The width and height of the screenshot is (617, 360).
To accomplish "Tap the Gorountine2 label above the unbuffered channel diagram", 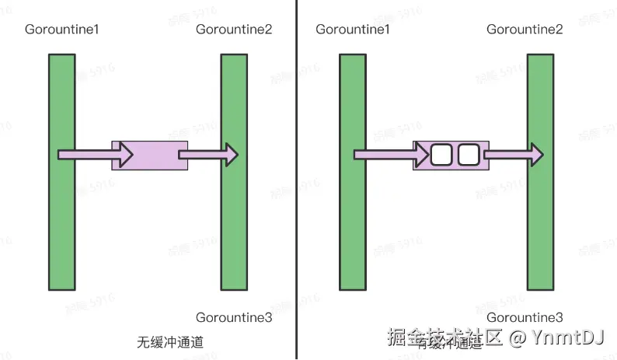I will coord(233,30).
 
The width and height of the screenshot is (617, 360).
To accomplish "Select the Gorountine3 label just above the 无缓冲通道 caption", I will coord(233,317).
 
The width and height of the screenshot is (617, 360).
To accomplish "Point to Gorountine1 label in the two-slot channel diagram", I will coord(352,30).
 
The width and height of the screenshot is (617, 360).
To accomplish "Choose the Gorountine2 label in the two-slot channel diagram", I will coord(525,30).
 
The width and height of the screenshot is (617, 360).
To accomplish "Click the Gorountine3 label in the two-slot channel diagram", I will coord(525,317).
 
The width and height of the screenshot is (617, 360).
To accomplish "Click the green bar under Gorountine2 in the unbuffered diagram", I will coord(233,225).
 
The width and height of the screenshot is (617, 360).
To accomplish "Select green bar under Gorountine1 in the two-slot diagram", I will coord(352,225).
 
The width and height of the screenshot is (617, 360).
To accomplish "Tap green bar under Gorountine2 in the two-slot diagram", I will coord(540,225).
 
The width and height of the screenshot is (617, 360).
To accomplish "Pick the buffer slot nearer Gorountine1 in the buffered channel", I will coord(441,156).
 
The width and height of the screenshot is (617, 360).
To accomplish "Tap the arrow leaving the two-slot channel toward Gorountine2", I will coord(513,156).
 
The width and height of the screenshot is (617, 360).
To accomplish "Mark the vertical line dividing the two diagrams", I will coord(296,179).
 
